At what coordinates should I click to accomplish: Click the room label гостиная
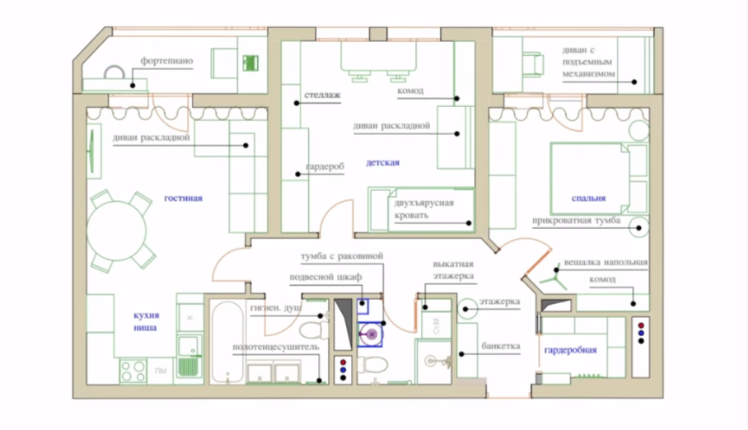click(x=183, y=198)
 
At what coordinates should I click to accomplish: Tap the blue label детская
click(x=382, y=163)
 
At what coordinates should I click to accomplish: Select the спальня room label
click(x=588, y=198)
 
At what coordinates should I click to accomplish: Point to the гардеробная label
click(x=570, y=350)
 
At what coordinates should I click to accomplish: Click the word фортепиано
click(x=166, y=61)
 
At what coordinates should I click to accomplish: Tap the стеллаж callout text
click(x=322, y=95)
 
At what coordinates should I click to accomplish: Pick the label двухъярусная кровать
click(x=423, y=208)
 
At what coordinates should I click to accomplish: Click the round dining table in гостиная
click(x=116, y=231)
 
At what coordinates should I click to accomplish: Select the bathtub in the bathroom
click(x=227, y=342)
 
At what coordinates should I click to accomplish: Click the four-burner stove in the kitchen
click(x=133, y=371)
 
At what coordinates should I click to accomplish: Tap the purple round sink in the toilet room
click(x=371, y=334)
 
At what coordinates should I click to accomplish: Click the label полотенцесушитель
click(x=276, y=347)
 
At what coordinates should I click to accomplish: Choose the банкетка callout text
click(x=500, y=346)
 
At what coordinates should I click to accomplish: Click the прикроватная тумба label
click(x=577, y=221)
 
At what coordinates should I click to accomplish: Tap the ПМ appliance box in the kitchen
click(x=161, y=371)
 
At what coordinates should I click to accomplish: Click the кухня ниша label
click(x=146, y=321)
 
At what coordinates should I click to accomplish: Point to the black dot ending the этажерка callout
click(x=465, y=309)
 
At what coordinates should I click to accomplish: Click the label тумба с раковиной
click(x=342, y=256)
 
